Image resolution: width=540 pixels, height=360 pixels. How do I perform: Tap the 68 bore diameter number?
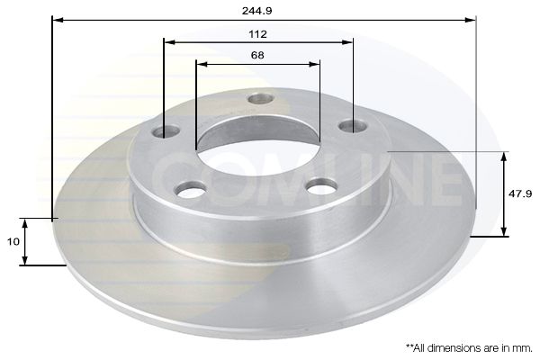(258, 56)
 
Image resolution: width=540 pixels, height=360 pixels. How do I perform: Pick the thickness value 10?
(12, 241)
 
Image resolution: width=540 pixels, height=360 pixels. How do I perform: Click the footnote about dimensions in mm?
(468, 346)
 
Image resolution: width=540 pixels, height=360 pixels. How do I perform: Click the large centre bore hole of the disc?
(256, 143)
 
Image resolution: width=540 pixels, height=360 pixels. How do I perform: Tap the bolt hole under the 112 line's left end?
(165, 133)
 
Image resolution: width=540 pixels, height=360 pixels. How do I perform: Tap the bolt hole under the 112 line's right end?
(352, 126)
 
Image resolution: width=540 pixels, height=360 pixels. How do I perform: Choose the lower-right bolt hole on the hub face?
(319, 186)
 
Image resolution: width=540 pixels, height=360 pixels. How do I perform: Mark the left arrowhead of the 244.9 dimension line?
(57, 19)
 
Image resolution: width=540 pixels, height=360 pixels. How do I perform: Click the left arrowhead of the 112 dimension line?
(168, 41)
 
